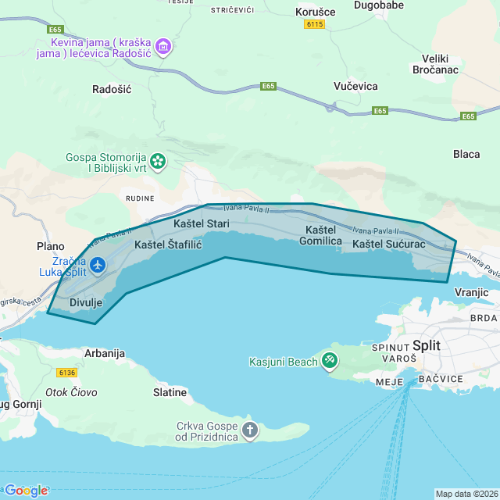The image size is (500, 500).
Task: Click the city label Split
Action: tap(426, 345)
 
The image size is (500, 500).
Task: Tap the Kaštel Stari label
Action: tap(201, 224)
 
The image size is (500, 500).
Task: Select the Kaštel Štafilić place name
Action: tap(168, 245)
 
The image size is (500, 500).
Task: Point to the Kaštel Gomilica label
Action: tap(320, 235)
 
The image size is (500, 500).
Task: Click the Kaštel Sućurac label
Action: tap(388, 245)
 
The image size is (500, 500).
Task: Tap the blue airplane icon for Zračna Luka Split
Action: tap(98, 266)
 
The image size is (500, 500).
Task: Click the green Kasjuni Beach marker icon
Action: tap(330, 359)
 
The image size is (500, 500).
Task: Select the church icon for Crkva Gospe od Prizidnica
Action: tap(250, 430)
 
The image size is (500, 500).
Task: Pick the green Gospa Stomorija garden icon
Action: tap(159, 162)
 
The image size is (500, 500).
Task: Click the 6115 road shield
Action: tap(314, 25)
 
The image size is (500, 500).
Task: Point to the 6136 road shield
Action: tap(67, 373)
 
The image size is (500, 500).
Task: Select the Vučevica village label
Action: tap(355, 86)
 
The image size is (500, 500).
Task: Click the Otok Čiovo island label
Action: tap(71, 392)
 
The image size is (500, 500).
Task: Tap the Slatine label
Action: tap(170, 392)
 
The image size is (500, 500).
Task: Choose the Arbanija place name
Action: tap(104, 353)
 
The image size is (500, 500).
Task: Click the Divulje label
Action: tap(86, 302)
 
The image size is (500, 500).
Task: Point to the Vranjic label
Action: tap(470, 292)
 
